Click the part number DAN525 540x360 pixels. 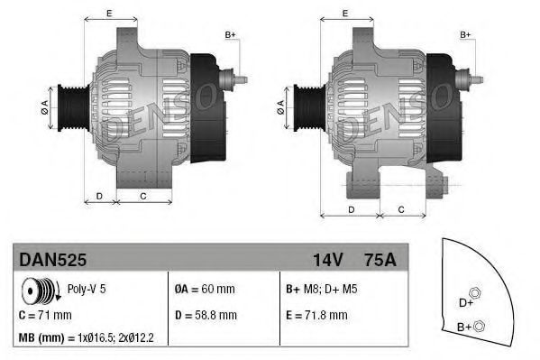[53, 259]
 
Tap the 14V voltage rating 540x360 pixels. [327, 259]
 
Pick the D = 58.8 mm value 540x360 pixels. [206, 315]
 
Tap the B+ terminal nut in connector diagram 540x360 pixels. [480, 325]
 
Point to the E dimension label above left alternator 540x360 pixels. [109, 13]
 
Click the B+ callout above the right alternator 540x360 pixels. [466, 34]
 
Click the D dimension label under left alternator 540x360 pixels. [99, 196]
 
